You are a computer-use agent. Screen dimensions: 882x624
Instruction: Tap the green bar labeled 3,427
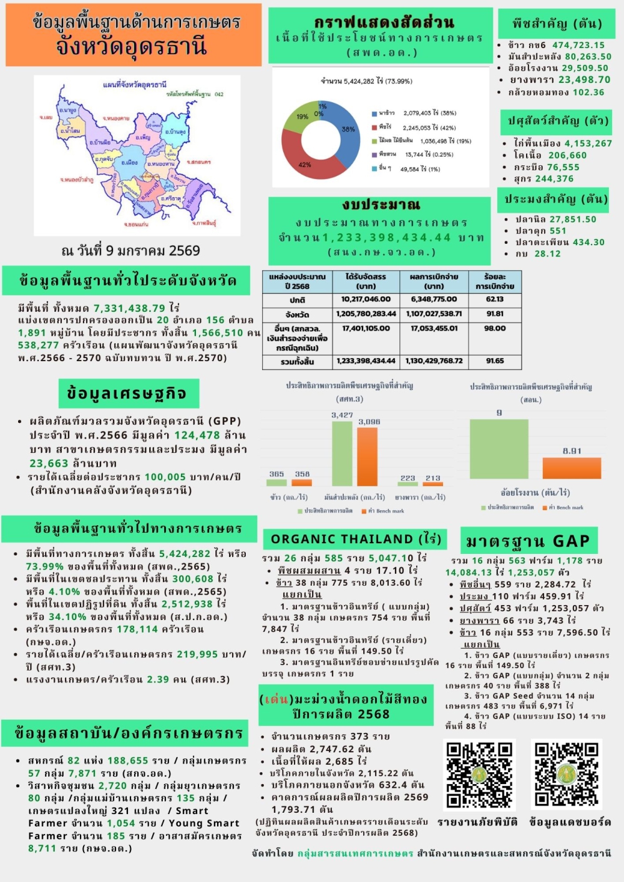(x=342, y=453)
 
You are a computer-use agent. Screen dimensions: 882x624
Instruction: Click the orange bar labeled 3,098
(x=367, y=456)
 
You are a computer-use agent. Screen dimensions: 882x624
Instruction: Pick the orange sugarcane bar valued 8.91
(x=572, y=468)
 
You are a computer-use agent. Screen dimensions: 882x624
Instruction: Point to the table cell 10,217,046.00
(x=366, y=299)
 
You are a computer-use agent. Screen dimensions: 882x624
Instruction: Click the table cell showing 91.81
(x=495, y=314)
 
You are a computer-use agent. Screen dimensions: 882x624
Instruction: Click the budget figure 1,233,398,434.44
(x=386, y=238)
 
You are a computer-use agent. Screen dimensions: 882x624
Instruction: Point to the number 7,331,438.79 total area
(x=130, y=308)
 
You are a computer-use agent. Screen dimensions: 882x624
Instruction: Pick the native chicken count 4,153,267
(x=580, y=143)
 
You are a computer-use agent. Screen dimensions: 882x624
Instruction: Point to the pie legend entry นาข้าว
(x=387, y=113)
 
